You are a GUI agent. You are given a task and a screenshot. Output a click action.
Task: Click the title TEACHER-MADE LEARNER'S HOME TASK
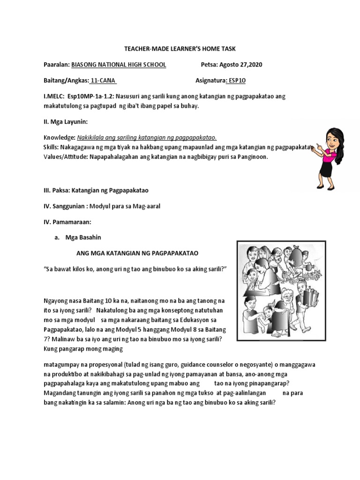(180, 49)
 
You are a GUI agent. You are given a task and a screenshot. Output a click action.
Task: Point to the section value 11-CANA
(102, 80)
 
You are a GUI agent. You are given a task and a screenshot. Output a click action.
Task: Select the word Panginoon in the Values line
(251, 157)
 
